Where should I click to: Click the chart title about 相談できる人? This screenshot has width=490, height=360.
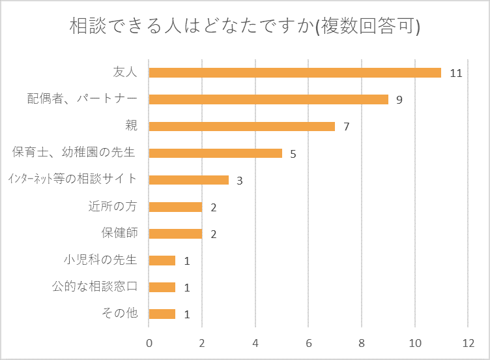click(x=244, y=27)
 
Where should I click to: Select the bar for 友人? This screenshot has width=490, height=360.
click(x=295, y=72)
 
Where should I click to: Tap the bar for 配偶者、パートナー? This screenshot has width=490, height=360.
click(x=268, y=99)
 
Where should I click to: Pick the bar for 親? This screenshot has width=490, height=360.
click(x=242, y=126)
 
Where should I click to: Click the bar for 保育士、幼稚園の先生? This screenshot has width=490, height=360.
click(x=215, y=153)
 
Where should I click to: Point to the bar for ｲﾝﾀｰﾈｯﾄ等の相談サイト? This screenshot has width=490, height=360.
click(x=189, y=180)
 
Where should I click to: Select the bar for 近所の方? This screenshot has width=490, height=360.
click(x=175, y=207)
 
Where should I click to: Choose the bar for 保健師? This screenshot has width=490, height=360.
click(x=175, y=233)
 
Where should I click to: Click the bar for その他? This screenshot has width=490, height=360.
click(x=162, y=314)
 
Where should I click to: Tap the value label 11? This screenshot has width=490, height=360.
click(x=455, y=73)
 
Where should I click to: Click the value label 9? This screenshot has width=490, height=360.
click(x=399, y=100)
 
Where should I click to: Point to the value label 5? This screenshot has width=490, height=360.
click(x=293, y=154)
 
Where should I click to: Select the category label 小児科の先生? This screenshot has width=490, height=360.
click(x=100, y=260)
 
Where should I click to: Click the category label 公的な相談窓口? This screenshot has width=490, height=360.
click(x=94, y=287)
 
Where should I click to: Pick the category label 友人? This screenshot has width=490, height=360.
click(x=125, y=72)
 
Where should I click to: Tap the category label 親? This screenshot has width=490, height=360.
click(x=131, y=126)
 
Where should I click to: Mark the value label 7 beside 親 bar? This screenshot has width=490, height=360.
click(x=347, y=127)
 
